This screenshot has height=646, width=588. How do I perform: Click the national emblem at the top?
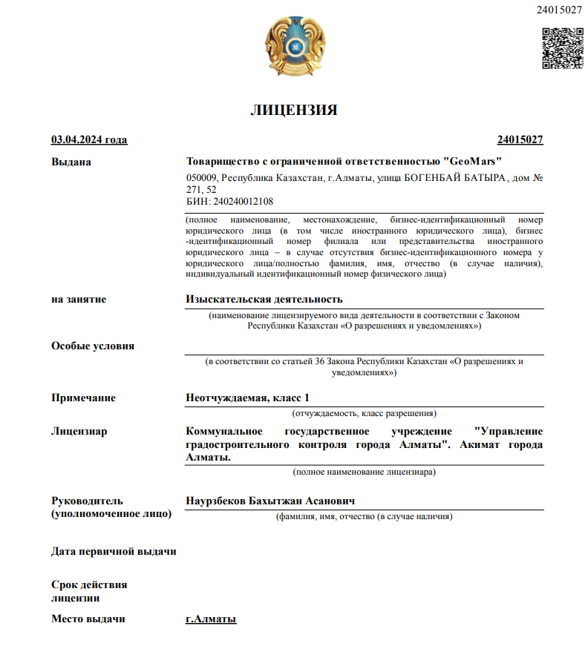[294, 46]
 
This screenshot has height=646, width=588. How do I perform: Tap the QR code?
[562, 48]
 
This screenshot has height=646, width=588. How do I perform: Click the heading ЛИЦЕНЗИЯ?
[294, 111]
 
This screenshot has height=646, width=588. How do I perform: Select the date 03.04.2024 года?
[89, 139]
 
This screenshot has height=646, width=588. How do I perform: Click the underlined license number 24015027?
[520, 139]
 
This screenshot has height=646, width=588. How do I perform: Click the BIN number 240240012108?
[242, 201]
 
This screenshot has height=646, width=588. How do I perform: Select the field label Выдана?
[71, 162]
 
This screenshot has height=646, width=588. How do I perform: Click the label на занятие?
[79, 299]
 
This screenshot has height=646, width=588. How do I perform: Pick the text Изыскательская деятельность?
[264, 299]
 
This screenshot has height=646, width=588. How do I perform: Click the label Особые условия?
[93, 346]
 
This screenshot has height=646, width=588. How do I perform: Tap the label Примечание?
[83, 398]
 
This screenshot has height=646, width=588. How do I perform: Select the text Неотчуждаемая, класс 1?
[247, 398]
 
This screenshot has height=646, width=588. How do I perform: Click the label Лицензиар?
[79, 431]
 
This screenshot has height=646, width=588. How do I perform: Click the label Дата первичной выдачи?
[114, 552]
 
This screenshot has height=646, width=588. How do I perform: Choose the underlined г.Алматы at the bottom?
[211, 619]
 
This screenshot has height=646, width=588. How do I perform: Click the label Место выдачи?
[88, 619]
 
